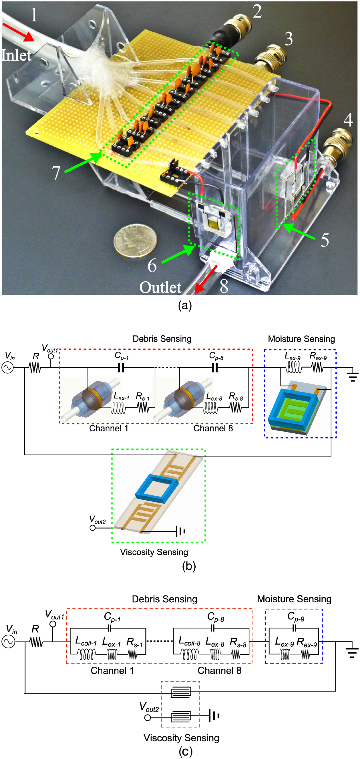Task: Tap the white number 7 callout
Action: click(56, 173)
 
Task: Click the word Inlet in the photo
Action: click(16, 55)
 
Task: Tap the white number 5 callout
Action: click(325, 240)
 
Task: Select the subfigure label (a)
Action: click(185, 306)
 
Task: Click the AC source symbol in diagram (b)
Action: click(8, 367)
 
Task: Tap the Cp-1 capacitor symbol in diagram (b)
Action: click(121, 367)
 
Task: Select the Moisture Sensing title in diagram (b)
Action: click(301, 339)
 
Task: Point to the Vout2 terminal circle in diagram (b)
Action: click(93, 528)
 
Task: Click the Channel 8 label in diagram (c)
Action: click(219, 670)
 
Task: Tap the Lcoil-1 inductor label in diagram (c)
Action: click(86, 641)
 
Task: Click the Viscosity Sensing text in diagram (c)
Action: click(181, 738)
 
